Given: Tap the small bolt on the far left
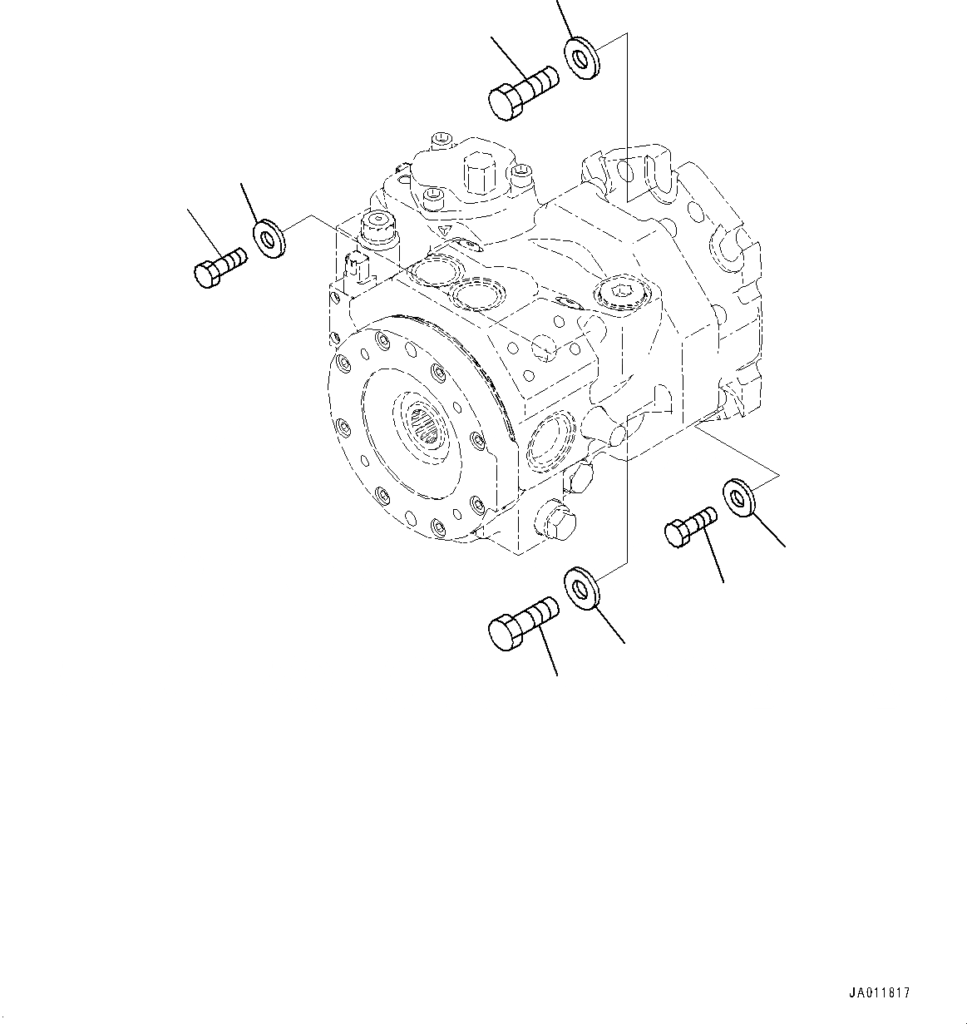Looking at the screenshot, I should point(219,266).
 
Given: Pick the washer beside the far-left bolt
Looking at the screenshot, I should point(268,240).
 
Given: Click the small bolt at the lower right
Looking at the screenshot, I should point(688,527).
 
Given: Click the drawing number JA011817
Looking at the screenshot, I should point(880,992).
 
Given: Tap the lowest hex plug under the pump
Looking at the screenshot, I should point(552,522).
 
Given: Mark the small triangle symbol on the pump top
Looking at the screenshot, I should point(446,231).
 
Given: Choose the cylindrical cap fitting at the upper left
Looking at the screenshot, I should point(377,226).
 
